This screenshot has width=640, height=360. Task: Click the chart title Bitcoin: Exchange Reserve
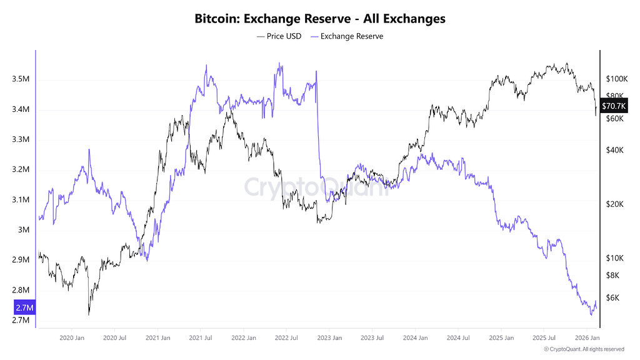[320, 19]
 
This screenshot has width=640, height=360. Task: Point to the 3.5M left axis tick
[21, 79]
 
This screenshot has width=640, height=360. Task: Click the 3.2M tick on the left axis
[21, 170]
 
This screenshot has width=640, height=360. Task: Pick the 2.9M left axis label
[21, 260]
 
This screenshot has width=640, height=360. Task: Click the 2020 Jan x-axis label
[71, 337]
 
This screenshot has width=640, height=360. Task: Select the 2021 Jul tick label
[200, 337]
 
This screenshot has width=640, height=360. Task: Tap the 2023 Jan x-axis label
[329, 337]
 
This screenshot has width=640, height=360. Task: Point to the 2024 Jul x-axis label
[457, 337]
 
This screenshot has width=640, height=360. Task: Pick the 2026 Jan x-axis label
[586, 337]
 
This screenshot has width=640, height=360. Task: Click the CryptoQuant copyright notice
[584, 349]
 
